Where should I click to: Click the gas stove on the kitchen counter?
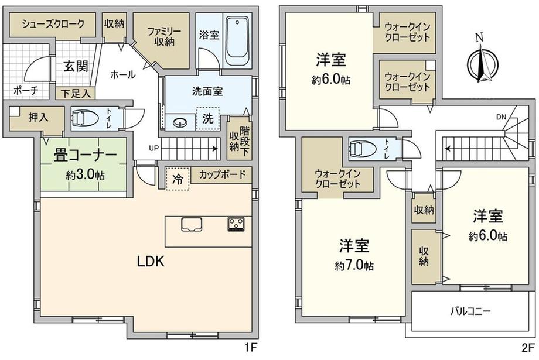[x=236, y=224]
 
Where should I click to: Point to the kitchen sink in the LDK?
[x=192, y=224]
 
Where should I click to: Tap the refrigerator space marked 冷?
[x=178, y=179]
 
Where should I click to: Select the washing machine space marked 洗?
[x=207, y=118]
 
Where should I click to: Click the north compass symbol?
[x=482, y=59]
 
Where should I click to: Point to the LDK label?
[x=151, y=262]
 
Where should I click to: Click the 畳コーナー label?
[x=85, y=156]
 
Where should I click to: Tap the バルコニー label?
[x=470, y=311]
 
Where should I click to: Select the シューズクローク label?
[x=53, y=24]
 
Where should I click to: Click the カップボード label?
[x=223, y=174]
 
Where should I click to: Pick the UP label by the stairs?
[x=154, y=149]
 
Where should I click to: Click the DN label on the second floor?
[x=501, y=117]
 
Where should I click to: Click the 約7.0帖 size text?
[x=354, y=266]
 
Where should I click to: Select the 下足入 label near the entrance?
[x=76, y=93]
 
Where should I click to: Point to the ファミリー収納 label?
[x=164, y=37]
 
